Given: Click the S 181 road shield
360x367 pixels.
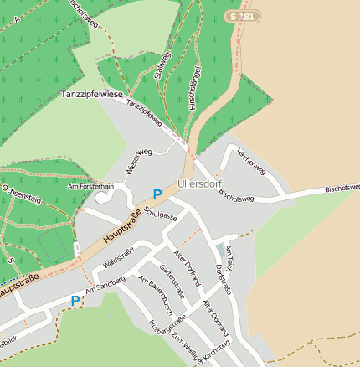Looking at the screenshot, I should tap(242, 17).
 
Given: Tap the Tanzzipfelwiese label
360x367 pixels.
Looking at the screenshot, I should tap(91, 95).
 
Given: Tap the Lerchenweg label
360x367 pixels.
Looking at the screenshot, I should tap(251, 161).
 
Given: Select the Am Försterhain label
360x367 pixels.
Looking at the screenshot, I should tap(90, 186).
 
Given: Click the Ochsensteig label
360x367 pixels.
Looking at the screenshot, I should tap(22, 200).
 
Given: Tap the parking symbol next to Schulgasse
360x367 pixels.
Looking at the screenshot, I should tap(157, 194).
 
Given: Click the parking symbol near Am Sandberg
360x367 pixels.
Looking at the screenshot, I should tap(75, 301).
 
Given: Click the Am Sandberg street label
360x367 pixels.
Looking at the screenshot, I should tap(105, 285).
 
